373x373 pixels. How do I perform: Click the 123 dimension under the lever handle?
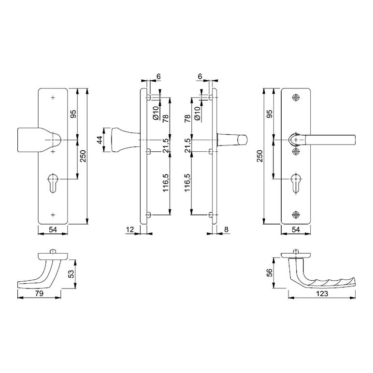[x=322, y=294]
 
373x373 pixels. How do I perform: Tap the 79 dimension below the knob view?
[x=39, y=294]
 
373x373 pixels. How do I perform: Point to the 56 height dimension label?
[x=270, y=273]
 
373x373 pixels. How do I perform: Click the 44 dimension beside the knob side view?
[x=100, y=140]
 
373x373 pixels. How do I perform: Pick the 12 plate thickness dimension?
[x=130, y=230]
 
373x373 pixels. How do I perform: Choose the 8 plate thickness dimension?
[x=226, y=230]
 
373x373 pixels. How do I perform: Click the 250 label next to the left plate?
[x=83, y=156]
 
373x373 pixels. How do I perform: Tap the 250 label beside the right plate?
[x=260, y=156]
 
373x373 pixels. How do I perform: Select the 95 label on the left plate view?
[x=73, y=114]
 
